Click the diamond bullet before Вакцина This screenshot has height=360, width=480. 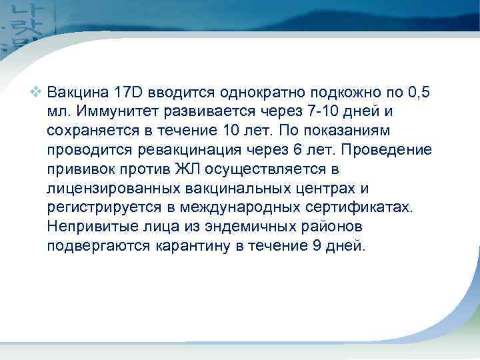point(37,91)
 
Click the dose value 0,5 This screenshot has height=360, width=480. point(425,91)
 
